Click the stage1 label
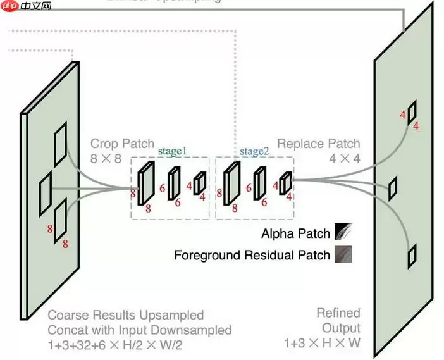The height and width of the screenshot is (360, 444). [x=173, y=151]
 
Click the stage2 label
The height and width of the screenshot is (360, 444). [x=254, y=151]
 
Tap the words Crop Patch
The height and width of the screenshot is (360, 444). [x=113, y=144]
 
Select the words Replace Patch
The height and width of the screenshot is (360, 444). [x=318, y=144]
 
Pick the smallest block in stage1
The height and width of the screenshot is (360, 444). [x=199, y=183]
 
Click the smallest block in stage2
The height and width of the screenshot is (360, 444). [x=286, y=183]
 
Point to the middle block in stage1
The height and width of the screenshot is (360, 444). [x=173, y=183]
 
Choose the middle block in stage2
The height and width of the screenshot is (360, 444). [x=259, y=183]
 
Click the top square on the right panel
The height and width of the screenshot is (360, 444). [x=412, y=113]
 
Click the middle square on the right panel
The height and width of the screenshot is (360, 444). [x=393, y=188]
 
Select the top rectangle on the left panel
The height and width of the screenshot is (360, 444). [x=61, y=145]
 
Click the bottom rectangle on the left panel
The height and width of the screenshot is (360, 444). [x=61, y=220]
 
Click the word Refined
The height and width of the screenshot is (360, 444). [x=338, y=313]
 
